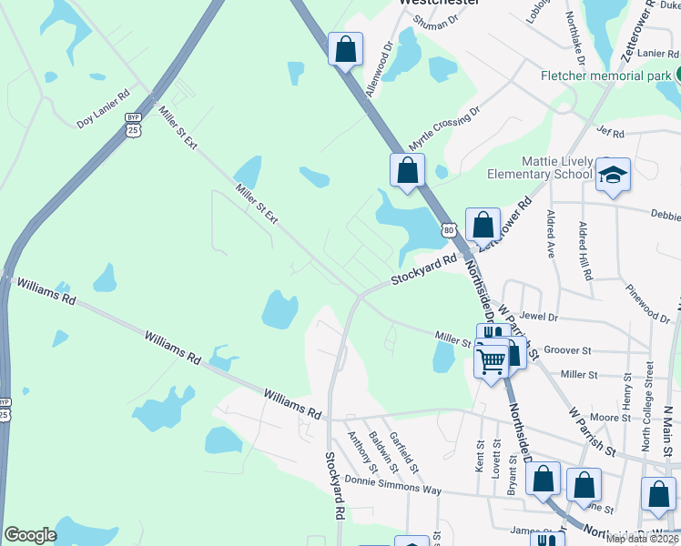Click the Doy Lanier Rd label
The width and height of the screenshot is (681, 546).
pyautogui.click(x=104, y=107)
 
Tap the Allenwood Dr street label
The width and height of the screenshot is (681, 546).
pyautogui.click(x=378, y=68)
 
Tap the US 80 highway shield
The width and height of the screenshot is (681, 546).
pyautogui.click(x=449, y=230)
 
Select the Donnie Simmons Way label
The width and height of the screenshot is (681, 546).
pyautogui.click(x=393, y=484)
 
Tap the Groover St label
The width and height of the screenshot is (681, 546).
pyautogui.click(x=567, y=350)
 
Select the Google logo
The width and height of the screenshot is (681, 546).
pyautogui.click(x=30, y=535)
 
